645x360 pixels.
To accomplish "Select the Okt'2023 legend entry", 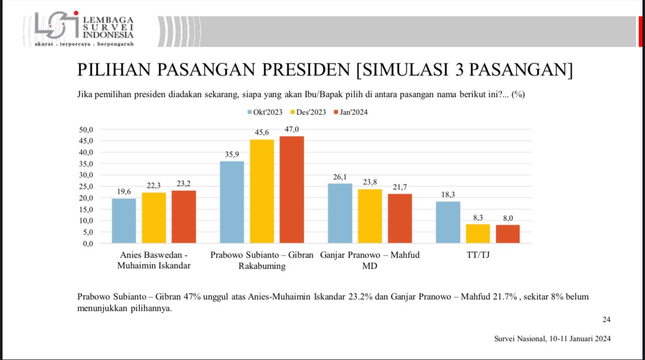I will click(x=265, y=112).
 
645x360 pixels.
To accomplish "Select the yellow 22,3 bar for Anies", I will click(x=154, y=218).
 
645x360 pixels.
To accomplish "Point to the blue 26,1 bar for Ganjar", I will click(x=340, y=213).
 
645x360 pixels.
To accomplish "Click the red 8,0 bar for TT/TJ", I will click(x=508, y=234).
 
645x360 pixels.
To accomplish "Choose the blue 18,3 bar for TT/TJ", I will click(x=448, y=222).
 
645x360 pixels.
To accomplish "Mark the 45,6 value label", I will click(x=262, y=133).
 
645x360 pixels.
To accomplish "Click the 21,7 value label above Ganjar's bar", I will click(x=400, y=187).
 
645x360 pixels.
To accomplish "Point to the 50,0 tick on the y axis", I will click(x=86, y=130).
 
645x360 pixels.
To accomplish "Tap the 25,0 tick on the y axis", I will click(x=86, y=186).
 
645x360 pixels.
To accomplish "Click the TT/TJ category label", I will click(x=478, y=255).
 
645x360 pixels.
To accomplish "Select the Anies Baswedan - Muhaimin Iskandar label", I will click(x=154, y=260).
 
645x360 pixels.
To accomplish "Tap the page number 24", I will click(x=606, y=319).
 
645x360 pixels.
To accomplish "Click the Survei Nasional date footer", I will click(x=553, y=339).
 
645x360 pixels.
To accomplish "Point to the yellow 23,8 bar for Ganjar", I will click(x=370, y=216).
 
